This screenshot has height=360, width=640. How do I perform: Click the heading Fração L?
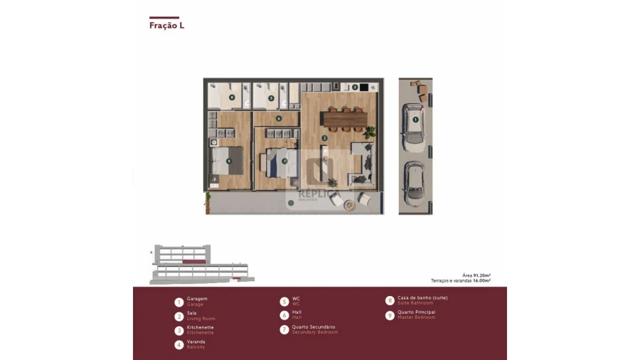coord(166,26)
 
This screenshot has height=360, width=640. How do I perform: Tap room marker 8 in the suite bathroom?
coord(231,97)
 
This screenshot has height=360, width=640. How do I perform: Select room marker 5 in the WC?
coord(271,98)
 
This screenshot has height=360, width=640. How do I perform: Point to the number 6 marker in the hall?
coord(279,119)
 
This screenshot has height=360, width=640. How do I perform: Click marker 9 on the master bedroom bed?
coord(228,162)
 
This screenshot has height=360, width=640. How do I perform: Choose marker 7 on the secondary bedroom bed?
coord(284,162)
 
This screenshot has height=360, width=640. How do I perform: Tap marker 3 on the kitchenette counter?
coord(355,87)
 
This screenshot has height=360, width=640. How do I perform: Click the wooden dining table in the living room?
coord(344,120)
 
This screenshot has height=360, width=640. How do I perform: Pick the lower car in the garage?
coord(414,184)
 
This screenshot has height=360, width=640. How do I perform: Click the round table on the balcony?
coord(348,205)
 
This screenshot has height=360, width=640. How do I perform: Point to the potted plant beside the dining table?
coord(370,132)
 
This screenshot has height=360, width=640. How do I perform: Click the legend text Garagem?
coord(197,299)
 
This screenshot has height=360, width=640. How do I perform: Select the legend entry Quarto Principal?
coord(416,312)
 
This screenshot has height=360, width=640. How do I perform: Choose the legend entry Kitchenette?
coord(200,327)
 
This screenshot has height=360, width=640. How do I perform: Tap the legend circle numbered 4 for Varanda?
coord(179,344)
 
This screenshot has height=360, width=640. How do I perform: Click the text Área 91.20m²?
coord(477,275)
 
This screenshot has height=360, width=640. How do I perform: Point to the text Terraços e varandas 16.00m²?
coord(461,281)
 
